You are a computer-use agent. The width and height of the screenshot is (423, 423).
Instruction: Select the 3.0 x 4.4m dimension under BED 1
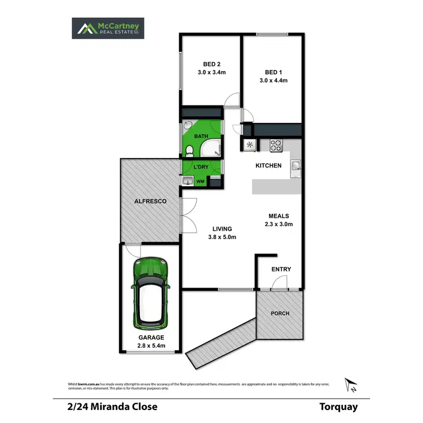pyautogui.click(x=273, y=81)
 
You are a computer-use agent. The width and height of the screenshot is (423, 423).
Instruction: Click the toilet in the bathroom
pyautogui.click(x=191, y=150)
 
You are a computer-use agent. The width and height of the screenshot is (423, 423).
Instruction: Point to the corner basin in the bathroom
pyautogui.click(x=187, y=125)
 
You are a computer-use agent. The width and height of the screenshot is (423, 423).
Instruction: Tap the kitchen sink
pyautogui.click(x=296, y=165)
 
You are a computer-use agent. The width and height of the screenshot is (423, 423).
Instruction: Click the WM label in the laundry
pyautogui.click(x=200, y=182)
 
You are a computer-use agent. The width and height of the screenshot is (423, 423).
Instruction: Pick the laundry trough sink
pyautogui.click(x=187, y=181)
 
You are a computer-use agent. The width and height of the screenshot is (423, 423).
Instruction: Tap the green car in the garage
pyautogui.click(x=151, y=293)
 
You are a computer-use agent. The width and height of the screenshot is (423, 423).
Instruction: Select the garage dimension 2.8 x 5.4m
pyautogui.click(x=151, y=346)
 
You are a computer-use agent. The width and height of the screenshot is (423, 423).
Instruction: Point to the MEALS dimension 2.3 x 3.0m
pyautogui.click(x=279, y=224)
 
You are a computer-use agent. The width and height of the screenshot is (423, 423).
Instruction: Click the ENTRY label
pyautogui.click(x=281, y=270)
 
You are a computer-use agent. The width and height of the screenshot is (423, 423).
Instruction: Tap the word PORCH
pyautogui.click(x=279, y=314)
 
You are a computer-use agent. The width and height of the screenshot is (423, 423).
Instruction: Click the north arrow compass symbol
pyautogui.click(x=351, y=385)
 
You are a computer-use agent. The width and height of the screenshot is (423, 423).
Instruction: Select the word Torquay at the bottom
pyautogui.click(x=338, y=406)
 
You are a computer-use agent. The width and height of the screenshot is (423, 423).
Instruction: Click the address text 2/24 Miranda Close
pyautogui.click(x=108, y=406)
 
